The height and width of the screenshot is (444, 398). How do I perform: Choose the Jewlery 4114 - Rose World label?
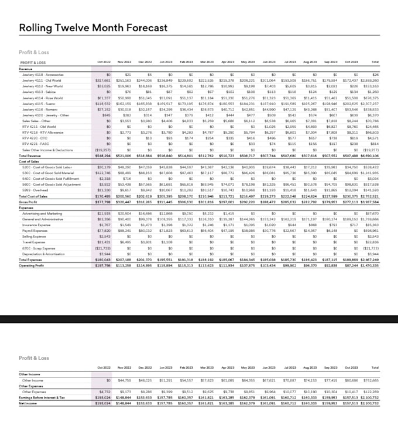click(x=42, y=97)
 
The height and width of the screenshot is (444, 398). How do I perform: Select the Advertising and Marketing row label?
click(x=40, y=213)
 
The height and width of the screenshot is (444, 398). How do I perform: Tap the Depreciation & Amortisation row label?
click(x=43, y=254)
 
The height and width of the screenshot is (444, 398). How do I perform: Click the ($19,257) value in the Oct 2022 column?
click(x=102, y=150)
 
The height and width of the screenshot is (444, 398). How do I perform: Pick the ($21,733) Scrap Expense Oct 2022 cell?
click(x=102, y=248)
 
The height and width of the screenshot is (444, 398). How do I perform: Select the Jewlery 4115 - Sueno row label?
click(x=39, y=103)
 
